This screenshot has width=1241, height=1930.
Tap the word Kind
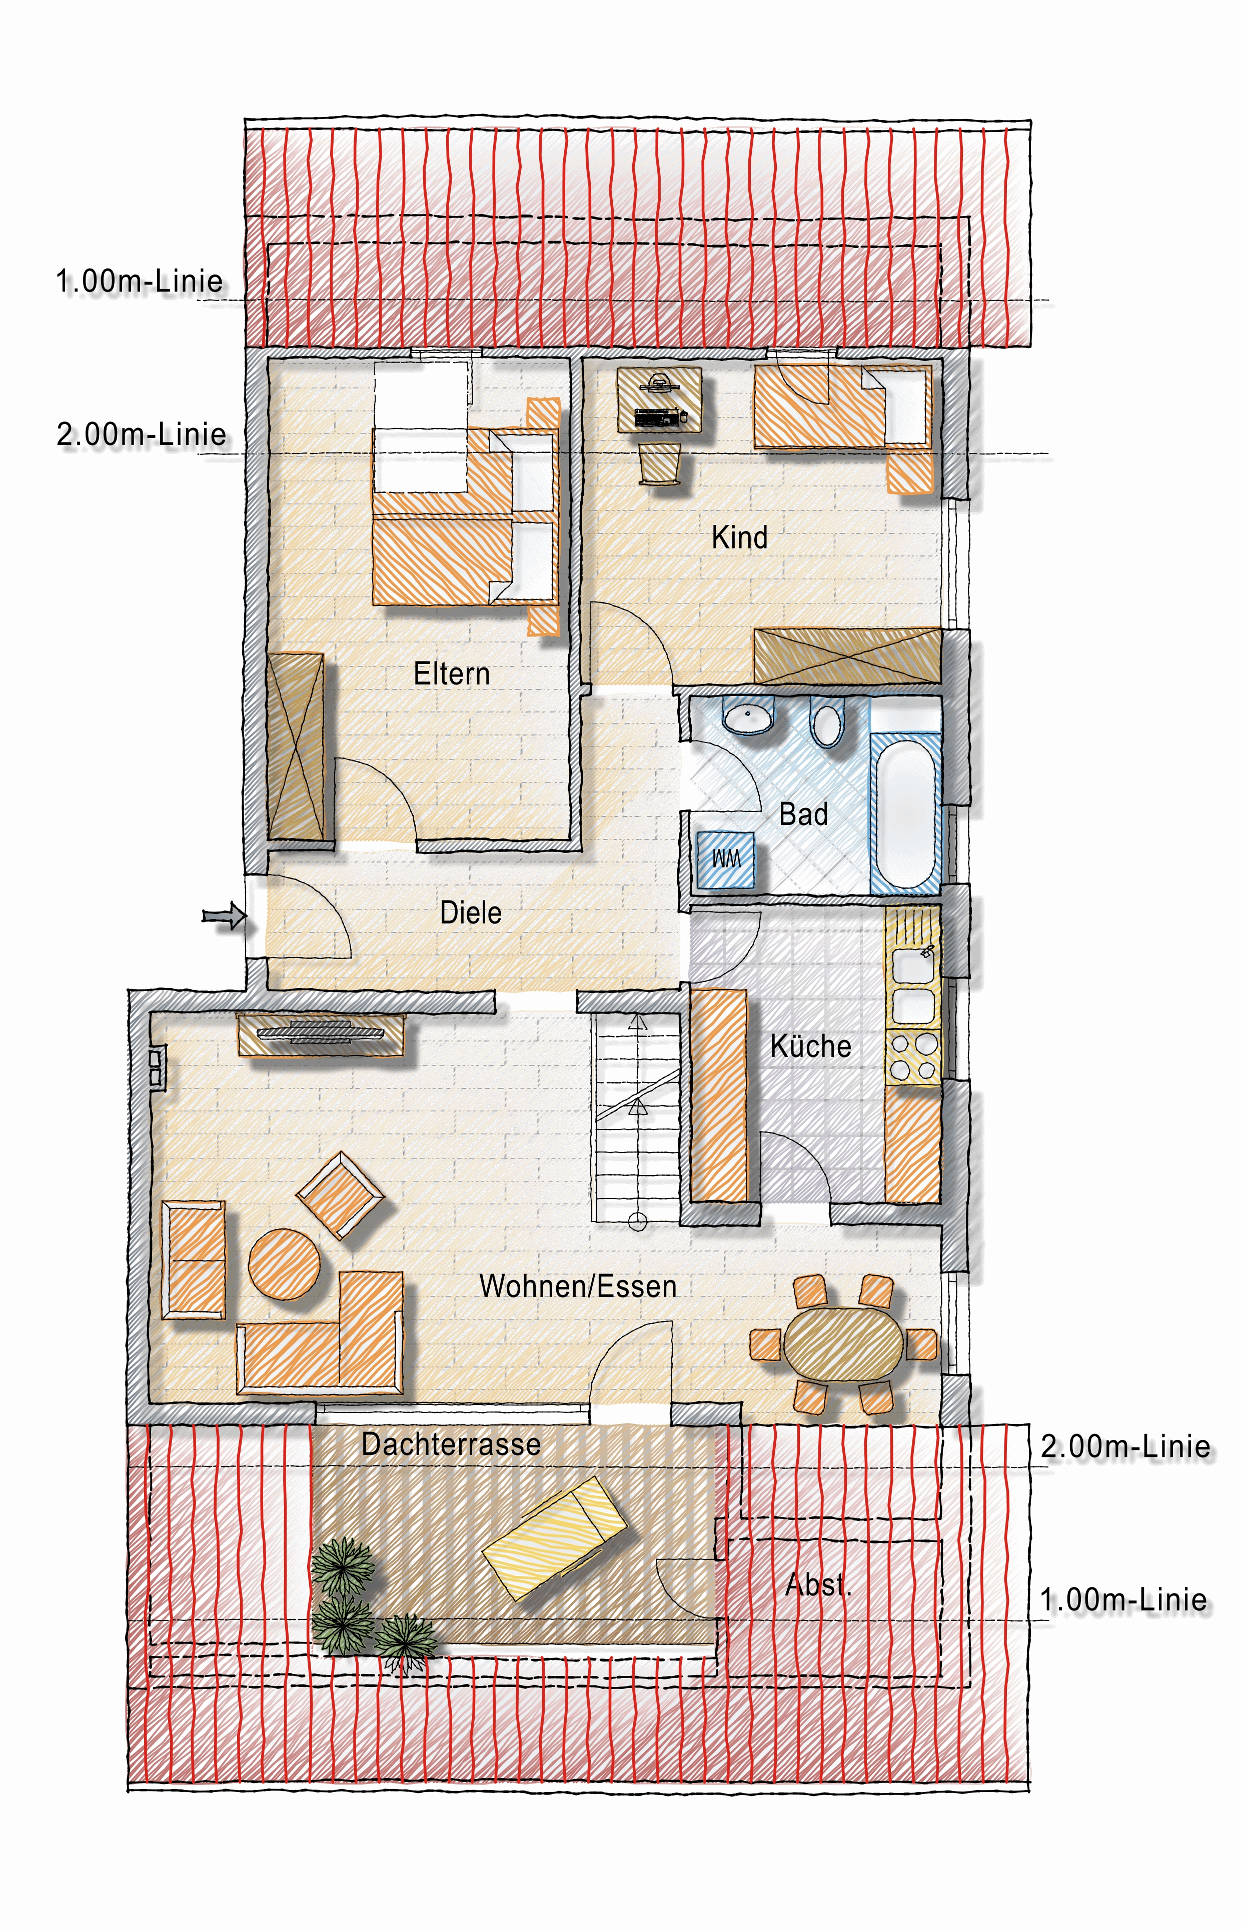click(x=739, y=537)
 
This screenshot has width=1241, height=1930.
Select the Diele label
click(x=471, y=912)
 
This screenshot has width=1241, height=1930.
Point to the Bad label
click(x=803, y=814)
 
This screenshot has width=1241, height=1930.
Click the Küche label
click(x=811, y=1045)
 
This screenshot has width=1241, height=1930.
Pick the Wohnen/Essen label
click(x=578, y=1286)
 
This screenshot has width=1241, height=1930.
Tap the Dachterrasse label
click(x=451, y=1444)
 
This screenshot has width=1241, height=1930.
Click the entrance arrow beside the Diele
click(x=223, y=915)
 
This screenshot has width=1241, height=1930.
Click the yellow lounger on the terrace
click(x=554, y=1537)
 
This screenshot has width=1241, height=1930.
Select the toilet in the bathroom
click(x=827, y=721)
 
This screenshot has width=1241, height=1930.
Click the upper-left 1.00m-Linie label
click(x=140, y=282)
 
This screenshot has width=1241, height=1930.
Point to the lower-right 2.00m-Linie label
click(x=1125, y=1446)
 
